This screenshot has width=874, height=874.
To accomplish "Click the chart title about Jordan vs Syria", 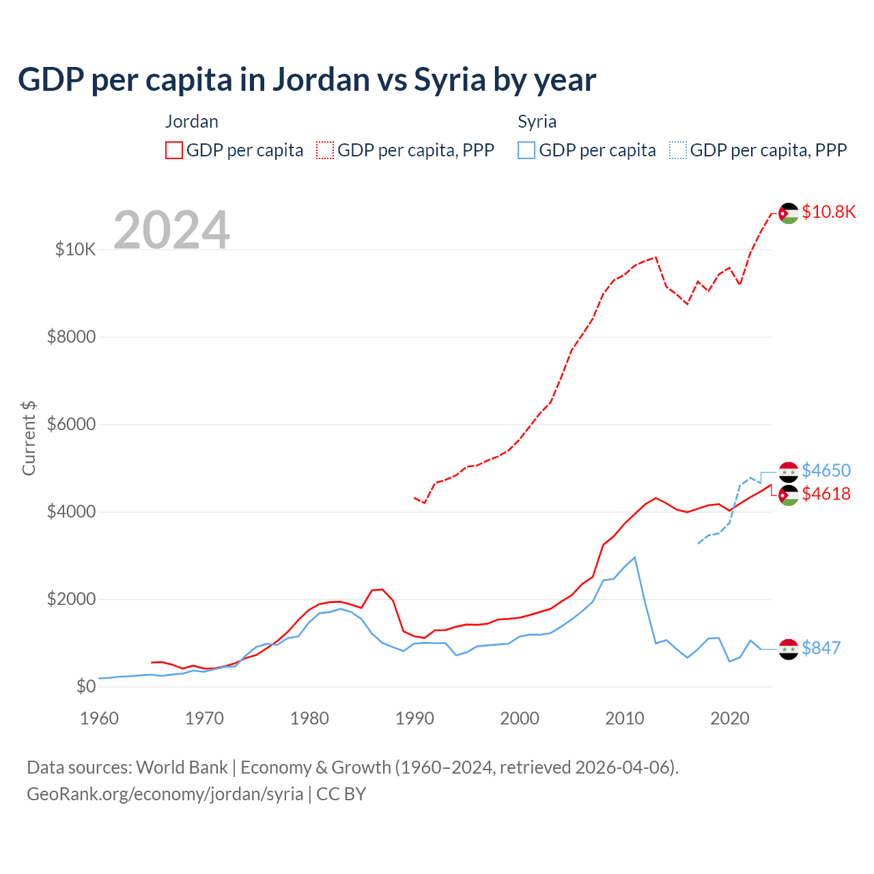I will pos(307,80).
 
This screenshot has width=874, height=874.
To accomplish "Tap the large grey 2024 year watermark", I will pos(171,230).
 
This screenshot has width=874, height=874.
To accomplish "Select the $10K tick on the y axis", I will pos(75,250).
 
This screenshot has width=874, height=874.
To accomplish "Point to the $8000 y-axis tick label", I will pos(71,337).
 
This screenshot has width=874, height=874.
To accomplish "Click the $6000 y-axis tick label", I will pos(71,425).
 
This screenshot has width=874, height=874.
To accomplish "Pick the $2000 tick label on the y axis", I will pos(71,600).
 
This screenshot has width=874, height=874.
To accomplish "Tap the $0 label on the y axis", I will pos(85,687).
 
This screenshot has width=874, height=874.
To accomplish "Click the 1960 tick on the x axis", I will pos(100,718).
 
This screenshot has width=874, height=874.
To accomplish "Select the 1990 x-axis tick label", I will pos(414,718).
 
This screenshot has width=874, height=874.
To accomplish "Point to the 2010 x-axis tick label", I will pos(625,718).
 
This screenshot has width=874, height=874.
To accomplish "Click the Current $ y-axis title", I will pos(29,438).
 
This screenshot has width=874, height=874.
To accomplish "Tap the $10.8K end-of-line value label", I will pos(828,212).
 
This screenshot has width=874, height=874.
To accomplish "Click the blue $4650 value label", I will pos(826,470).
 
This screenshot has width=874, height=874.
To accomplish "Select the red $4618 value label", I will pos(826,494).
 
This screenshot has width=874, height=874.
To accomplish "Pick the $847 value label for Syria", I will pos(821,648).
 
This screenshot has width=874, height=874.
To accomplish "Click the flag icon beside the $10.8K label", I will pos(789,213).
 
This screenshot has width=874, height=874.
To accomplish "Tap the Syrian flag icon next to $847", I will pos(789,649).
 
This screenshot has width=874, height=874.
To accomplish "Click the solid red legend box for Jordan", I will pos(174,150).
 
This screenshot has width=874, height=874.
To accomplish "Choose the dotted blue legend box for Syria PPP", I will pos(678,150).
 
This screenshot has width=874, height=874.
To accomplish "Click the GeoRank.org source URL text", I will pos(165,794).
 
